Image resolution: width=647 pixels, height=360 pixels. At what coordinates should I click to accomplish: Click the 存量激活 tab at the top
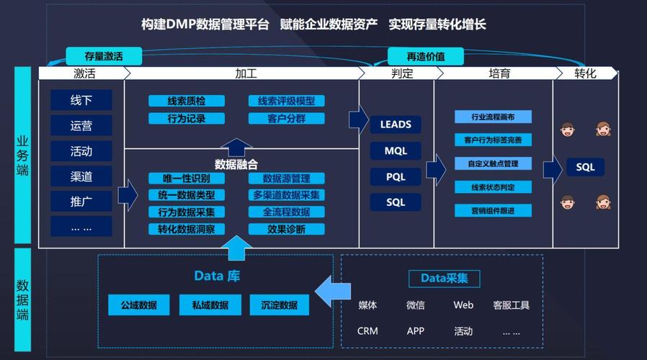point(104,56)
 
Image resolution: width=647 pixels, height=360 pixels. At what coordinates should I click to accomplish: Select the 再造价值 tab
point(425,56)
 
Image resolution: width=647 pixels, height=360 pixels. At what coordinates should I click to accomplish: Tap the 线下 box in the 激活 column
point(81,100)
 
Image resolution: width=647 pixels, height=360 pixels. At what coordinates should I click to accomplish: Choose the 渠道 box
point(81,176)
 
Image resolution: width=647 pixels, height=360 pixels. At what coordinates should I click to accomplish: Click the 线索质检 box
point(187,101)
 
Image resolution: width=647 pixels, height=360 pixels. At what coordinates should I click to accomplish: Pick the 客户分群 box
point(286,119)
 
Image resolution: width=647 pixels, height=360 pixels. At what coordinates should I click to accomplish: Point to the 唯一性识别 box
point(187,178)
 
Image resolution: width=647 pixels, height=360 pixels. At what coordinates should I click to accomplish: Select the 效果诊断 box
point(286,229)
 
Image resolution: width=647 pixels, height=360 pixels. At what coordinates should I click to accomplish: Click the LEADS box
point(396,125)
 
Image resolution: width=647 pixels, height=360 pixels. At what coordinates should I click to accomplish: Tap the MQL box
point(396,151)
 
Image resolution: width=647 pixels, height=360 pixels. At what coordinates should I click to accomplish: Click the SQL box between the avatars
point(585,167)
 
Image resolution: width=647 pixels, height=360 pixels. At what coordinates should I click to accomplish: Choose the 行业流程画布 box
point(493,117)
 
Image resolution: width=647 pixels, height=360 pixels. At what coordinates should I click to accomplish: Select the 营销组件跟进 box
point(493,211)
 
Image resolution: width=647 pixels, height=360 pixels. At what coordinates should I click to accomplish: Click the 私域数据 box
point(210,305)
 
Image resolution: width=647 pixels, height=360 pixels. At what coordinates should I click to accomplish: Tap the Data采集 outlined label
point(445,279)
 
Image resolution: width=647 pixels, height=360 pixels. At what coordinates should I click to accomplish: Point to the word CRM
point(367,331)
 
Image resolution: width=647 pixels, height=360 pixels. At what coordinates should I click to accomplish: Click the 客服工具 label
point(512,305)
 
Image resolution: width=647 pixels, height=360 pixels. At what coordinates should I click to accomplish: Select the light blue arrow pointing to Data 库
point(333,292)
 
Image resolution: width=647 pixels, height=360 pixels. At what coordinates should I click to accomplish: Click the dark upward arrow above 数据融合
point(236,147)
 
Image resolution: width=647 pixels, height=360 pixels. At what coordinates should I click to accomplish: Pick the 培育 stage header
point(499,73)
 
